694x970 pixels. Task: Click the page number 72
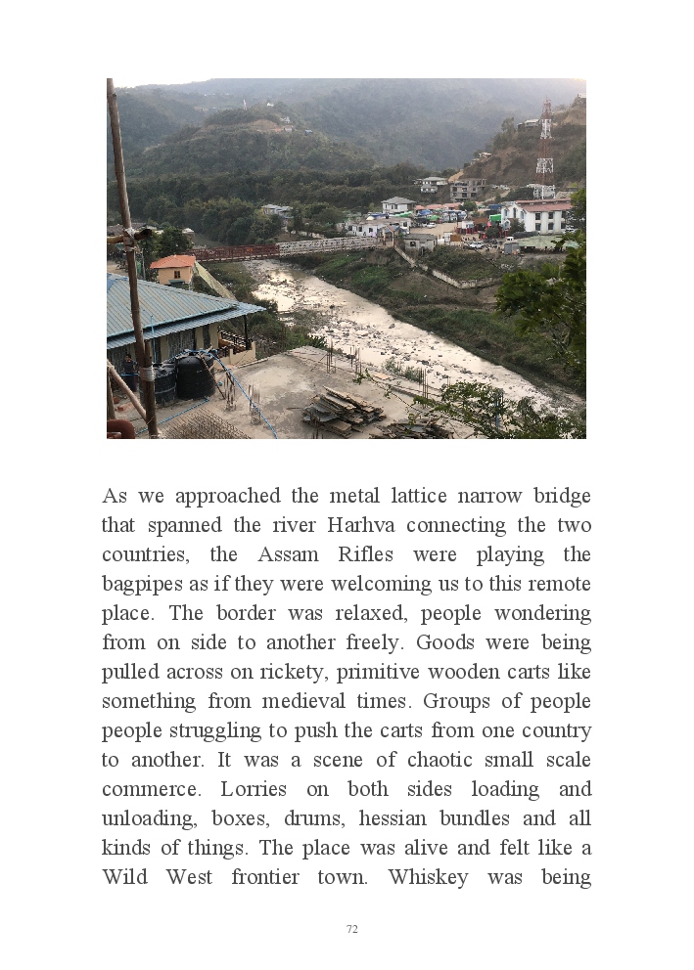(x=352, y=929)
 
